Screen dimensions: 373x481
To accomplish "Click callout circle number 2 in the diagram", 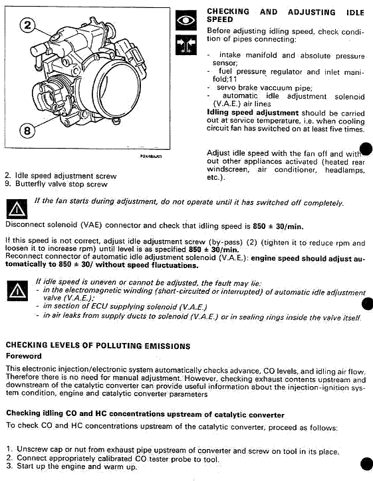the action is pos(28,25).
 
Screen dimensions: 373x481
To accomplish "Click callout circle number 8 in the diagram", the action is pos(27,131).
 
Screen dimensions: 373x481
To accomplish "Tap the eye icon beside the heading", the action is pos(186,21).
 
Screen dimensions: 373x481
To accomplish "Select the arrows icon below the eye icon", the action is pos(186,45).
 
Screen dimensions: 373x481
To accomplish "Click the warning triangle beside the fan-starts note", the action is pos(17,209).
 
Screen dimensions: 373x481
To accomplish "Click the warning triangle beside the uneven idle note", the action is pos(17,291).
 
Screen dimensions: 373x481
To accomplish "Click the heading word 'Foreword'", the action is pos(24,356).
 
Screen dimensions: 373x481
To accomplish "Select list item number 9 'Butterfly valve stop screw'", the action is pos(56,184).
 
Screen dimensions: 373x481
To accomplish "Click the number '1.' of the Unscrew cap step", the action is pos(9,448).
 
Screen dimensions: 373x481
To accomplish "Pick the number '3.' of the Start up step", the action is pos(9,466).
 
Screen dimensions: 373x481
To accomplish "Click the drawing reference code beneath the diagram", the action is pos(151,157).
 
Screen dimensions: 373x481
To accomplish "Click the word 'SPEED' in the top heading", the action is pos(220,19).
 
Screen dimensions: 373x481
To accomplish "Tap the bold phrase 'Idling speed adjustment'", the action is pos(253,113).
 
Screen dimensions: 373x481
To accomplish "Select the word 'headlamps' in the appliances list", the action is pos(344,170).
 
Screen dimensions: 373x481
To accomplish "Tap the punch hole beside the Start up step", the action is pos(366,464).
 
